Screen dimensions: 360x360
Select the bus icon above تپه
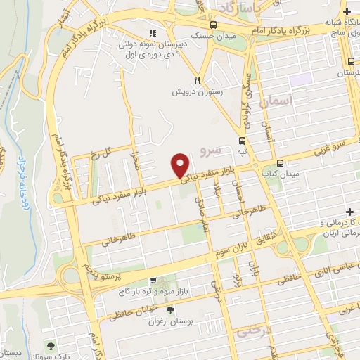(x=242, y=141)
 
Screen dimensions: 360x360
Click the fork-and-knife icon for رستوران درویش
(x=198, y=80)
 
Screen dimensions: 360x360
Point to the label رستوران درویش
(x=199, y=91)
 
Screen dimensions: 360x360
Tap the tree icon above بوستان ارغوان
(x=169, y=310)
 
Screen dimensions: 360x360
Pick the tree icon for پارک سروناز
(x=52, y=345)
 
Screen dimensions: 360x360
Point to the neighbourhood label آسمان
(x=274, y=103)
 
